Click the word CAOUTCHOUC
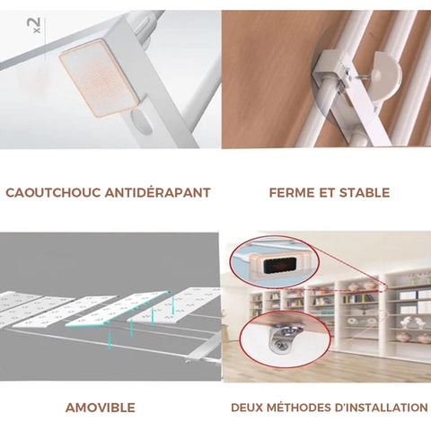(x=53, y=193)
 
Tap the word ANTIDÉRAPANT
(x=158, y=192)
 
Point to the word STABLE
(x=365, y=193)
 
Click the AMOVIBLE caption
(x=101, y=408)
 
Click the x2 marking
(x=34, y=25)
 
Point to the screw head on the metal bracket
(x=281, y=346)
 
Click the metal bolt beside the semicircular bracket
(x=365, y=76)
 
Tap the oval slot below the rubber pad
(x=142, y=121)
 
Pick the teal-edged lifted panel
(x=117, y=309)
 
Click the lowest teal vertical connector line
(x=110, y=339)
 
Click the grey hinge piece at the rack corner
(x=204, y=348)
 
